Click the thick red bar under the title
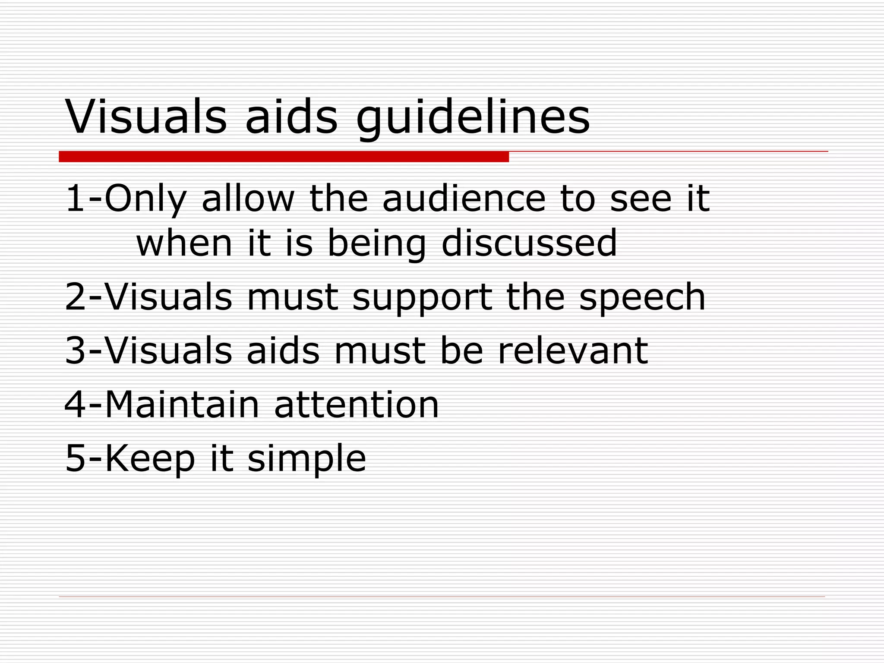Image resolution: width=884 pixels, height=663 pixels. pos(284,157)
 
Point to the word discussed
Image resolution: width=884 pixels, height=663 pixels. pos(529,243)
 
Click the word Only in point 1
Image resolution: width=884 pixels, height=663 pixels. pos(145,199)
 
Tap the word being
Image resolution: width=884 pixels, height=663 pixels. pos(377,244)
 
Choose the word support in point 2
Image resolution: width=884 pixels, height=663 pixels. pos(422,298)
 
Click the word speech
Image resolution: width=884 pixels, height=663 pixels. pos(642,298)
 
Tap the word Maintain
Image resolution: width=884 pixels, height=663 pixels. pos(182,404)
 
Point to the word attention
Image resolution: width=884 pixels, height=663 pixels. pos(357,404)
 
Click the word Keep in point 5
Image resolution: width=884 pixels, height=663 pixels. pos(150,459)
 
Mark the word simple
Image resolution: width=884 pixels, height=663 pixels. pos(306,459)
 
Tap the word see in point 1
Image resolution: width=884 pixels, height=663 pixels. pos(641,199)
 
